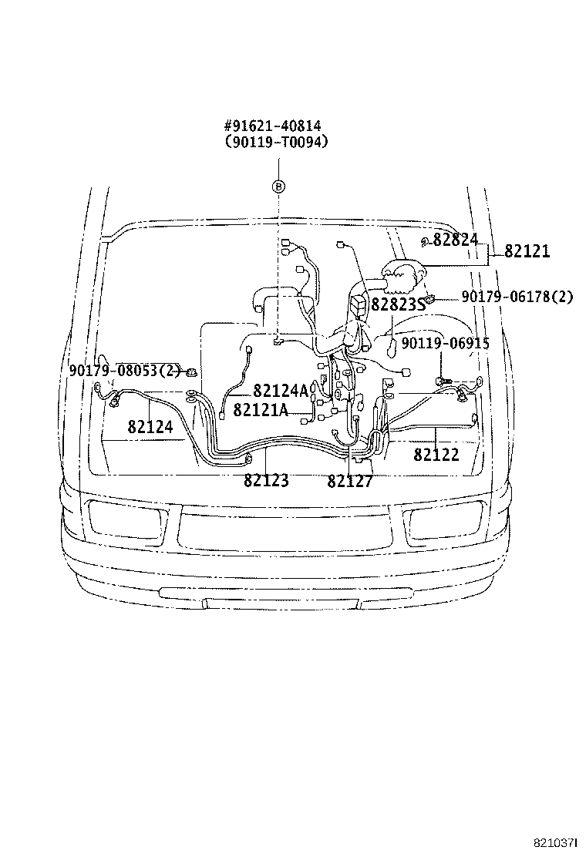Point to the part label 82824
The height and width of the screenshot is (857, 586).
pos(456,239)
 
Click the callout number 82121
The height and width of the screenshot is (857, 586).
pos(527,251)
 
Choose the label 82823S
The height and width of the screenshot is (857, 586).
pos(398,304)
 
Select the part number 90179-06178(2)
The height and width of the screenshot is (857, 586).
pos(517,296)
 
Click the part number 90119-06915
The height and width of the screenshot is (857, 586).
pos(445,344)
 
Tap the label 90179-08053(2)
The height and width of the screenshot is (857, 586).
pos(124,371)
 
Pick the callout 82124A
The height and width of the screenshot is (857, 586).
pos(281,392)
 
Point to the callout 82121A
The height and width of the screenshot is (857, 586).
pos(261,410)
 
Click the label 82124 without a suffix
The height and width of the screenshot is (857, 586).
pos(150,426)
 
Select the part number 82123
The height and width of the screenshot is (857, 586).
pos(266,481)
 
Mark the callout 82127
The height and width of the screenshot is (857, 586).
pos(350,481)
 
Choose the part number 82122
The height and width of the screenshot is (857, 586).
pos(436,455)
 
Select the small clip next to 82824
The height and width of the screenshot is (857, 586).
pos(424,244)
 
